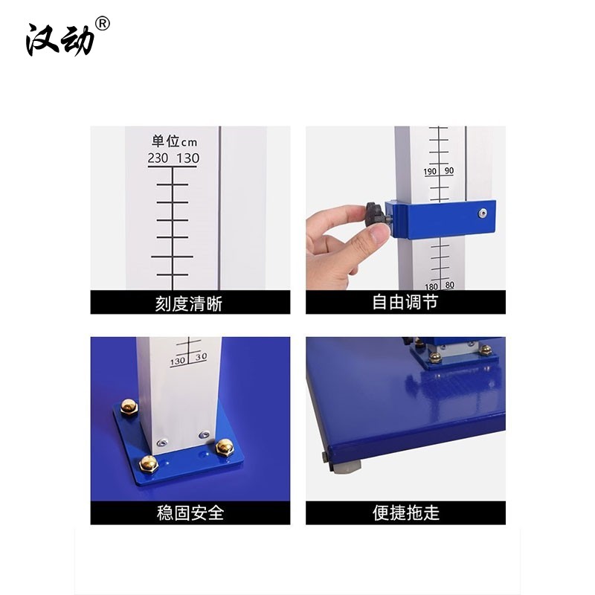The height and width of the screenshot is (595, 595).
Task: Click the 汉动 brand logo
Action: (x=60, y=40)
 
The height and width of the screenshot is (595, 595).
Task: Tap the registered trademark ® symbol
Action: (x=103, y=24)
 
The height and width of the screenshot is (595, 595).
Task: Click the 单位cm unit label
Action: (x=174, y=141)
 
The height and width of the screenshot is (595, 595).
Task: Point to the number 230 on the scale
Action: (x=158, y=158)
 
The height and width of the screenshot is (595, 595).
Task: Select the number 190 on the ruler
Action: (x=430, y=172)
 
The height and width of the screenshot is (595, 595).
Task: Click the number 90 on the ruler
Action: (x=449, y=171)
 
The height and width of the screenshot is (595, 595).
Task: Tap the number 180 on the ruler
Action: (x=431, y=286)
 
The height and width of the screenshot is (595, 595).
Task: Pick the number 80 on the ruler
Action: (x=450, y=285)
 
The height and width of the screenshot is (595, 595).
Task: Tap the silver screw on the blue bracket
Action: (x=482, y=213)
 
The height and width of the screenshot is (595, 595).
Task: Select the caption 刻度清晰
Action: (x=189, y=303)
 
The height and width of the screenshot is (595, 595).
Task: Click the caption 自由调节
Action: (x=405, y=302)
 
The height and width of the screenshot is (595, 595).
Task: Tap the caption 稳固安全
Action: (x=190, y=513)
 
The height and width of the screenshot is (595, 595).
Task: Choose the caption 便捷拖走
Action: (x=405, y=513)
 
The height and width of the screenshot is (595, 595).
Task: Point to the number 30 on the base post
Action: (x=201, y=357)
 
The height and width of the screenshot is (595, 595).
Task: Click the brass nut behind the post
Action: (x=129, y=407)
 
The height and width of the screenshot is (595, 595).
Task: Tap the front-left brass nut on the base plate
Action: (x=148, y=463)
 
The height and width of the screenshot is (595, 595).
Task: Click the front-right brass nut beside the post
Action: (x=225, y=447)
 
